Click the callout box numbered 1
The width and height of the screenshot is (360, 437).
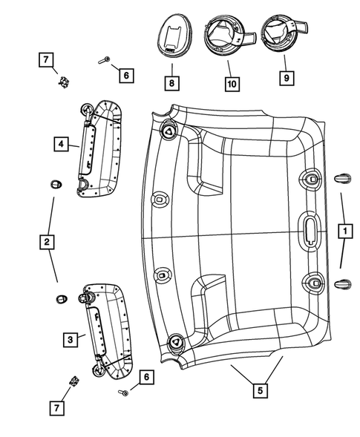(x=344, y=231)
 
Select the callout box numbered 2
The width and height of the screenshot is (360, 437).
(x=46, y=241)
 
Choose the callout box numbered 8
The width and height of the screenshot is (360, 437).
(x=171, y=82)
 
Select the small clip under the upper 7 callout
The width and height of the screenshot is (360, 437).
(x=63, y=81)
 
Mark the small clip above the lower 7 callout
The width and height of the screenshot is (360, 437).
(x=75, y=381)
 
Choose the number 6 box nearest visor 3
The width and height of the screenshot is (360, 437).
(x=146, y=378)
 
